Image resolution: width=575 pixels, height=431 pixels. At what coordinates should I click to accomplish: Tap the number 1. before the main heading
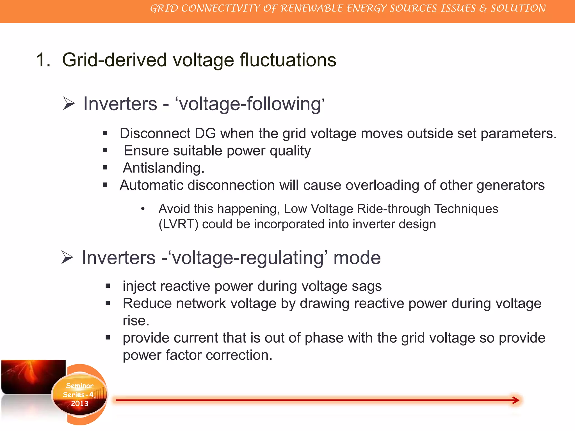[x=43, y=60]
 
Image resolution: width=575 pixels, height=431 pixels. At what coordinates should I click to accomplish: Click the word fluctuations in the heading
[x=288, y=60]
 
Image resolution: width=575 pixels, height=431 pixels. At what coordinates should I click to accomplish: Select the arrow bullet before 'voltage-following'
[x=69, y=104]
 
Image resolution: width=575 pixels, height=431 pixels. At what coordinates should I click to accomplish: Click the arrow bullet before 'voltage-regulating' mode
[x=67, y=257]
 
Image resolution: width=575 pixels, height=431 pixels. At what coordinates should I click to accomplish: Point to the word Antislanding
[x=163, y=168]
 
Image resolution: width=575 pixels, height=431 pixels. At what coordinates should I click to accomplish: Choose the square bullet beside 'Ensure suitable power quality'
[x=105, y=151]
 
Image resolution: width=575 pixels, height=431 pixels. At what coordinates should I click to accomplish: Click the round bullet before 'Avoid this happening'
[x=143, y=209]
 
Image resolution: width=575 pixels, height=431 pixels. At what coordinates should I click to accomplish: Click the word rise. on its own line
[x=136, y=321]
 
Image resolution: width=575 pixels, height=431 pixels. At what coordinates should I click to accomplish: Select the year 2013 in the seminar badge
[x=79, y=404]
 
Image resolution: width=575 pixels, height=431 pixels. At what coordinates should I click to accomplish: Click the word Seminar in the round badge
[x=79, y=386]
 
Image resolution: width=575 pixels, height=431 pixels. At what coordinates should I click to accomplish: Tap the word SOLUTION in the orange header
[x=518, y=8]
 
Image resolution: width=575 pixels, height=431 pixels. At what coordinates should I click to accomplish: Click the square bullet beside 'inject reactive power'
[x=108, y=286]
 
